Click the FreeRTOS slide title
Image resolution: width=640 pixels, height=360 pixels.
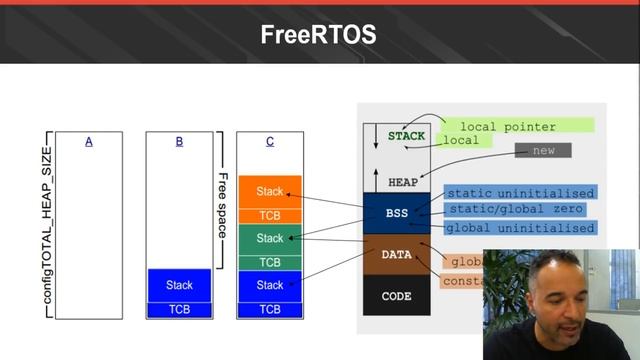318,34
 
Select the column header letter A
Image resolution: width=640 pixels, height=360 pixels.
89,142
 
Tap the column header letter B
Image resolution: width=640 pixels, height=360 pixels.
179,142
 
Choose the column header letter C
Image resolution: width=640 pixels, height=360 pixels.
270,142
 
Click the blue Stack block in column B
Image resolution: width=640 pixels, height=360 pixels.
179,285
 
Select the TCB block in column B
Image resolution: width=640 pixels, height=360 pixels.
179,310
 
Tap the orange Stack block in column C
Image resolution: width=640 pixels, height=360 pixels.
270,191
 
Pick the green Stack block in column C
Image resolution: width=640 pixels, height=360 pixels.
270,239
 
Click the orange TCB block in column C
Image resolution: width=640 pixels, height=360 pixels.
270,216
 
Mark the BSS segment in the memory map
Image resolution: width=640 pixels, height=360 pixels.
397,213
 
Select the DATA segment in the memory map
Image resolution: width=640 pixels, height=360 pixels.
397,255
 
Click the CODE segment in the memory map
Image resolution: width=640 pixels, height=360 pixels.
397,296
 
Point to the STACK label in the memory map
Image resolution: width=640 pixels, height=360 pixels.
406,136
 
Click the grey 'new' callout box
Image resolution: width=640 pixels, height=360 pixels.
544,150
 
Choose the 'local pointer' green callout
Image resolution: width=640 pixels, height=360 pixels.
515,126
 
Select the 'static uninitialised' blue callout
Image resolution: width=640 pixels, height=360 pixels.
520,193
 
